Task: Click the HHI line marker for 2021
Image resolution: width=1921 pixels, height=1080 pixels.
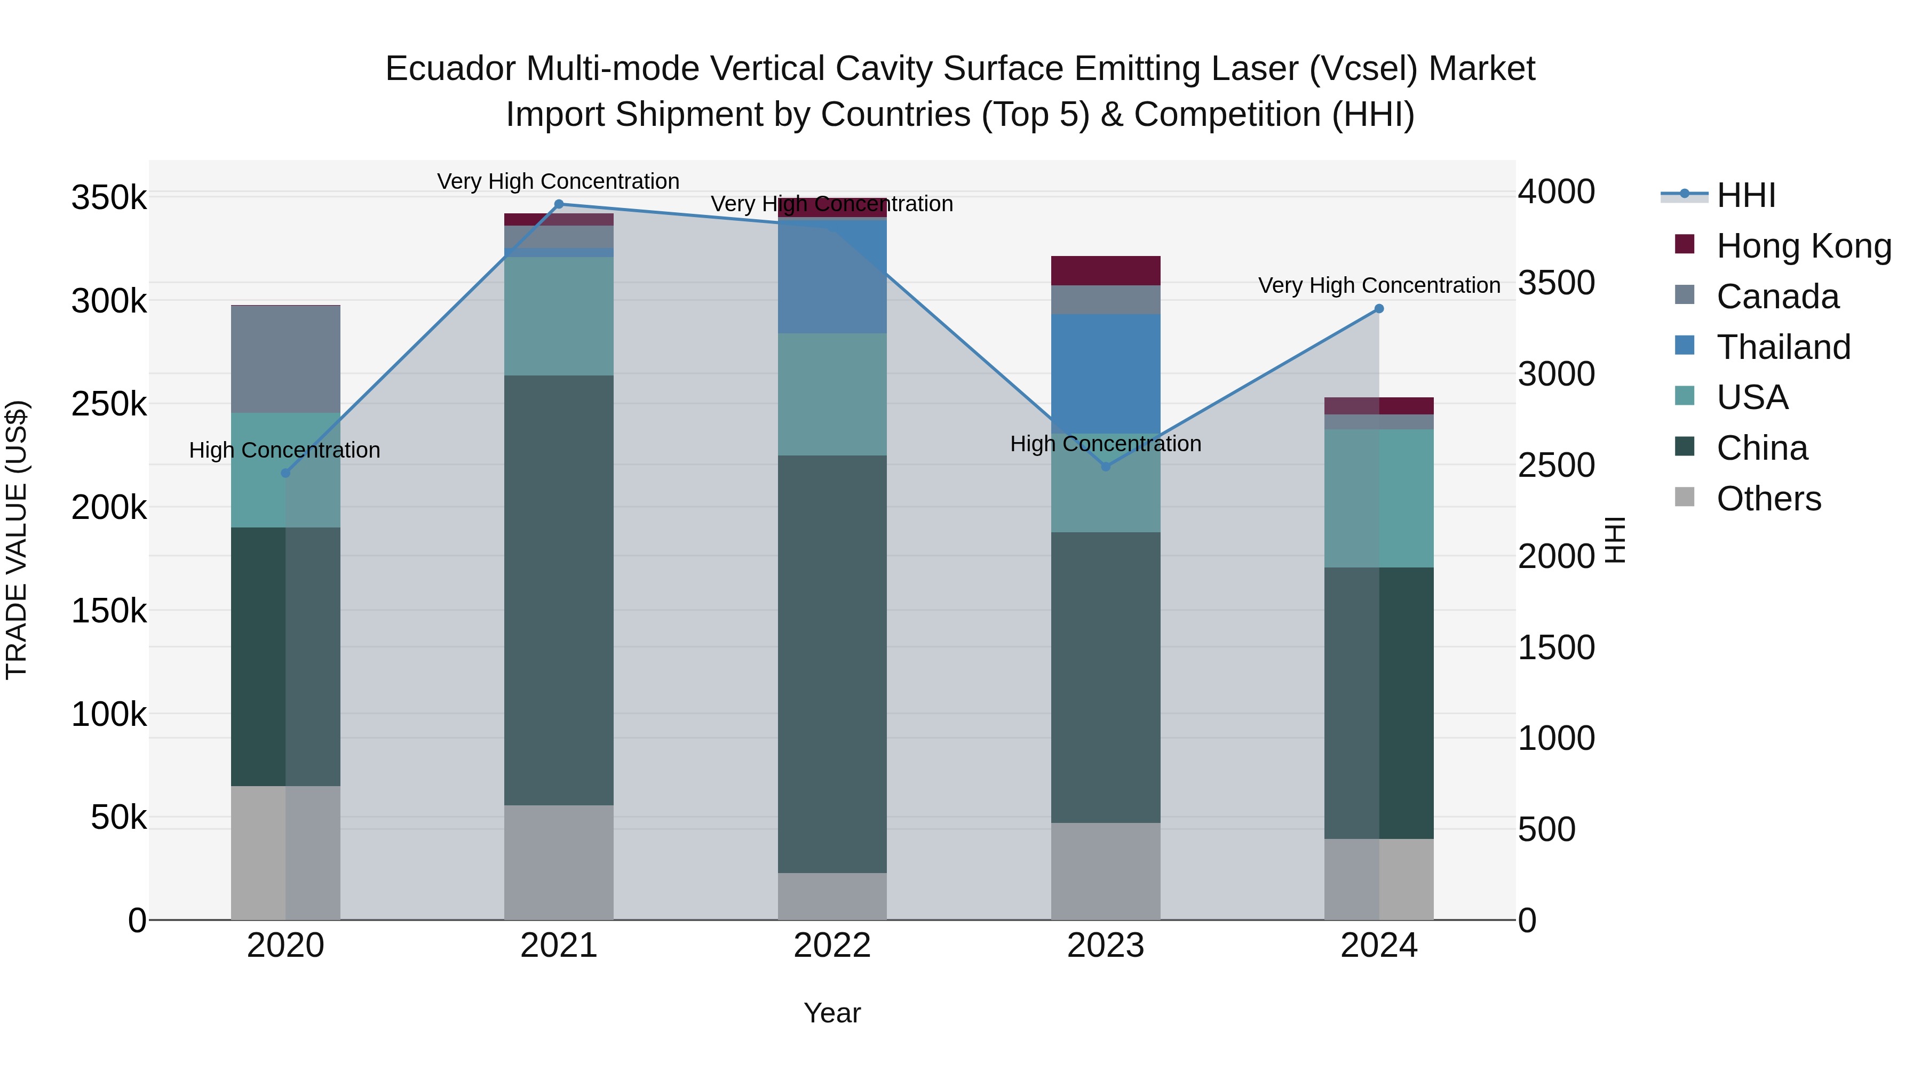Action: (559, 204)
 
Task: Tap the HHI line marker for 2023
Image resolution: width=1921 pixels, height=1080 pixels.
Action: (1106, 467)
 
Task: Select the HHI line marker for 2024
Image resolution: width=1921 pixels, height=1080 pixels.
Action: (1379, 309)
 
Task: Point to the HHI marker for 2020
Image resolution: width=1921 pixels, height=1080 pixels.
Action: (285, 473)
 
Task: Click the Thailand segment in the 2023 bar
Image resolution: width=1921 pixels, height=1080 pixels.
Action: (1106, 373)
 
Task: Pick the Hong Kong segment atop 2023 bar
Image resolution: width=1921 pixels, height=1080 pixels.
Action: (1106, 270)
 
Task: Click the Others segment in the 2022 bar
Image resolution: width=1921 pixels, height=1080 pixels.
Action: (832, 896)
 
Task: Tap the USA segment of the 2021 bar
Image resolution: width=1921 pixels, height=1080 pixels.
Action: (559, 316)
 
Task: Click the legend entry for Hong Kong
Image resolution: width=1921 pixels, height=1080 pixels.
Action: (1803, 246)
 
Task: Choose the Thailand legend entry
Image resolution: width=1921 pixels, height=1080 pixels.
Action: (1783, 347)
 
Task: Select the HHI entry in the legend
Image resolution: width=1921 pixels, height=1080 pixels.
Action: (1745, 195)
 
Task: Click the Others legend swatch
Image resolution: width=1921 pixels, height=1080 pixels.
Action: (1685, 497)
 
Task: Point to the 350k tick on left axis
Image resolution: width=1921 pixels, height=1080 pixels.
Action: (109, 198)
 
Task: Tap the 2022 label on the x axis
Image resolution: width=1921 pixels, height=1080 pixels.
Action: (832, 946)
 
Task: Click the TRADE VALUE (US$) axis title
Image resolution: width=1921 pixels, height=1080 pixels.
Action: (17, 540)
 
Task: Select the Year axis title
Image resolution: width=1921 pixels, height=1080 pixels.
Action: (832, 1013)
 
